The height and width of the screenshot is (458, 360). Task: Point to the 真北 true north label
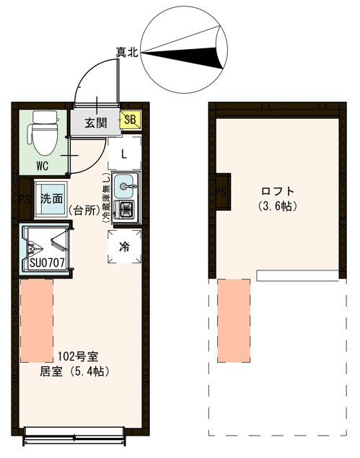click(x=128, y=52)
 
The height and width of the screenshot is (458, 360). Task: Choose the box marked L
click(x=124, y=154)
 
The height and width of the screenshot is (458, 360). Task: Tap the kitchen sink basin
click(x=126, y=185)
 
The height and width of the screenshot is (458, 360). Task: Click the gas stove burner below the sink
click(x=126, y=210)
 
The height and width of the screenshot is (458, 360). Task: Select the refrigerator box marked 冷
click(x=123, y=247)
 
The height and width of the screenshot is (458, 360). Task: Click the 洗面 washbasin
click(x=50, y=198)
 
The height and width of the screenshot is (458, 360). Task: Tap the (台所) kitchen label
click(x=84, y=211)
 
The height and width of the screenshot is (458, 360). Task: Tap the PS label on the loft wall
click(x=220, y=192)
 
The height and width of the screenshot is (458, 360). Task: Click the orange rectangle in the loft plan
click(x=233, y=320)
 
